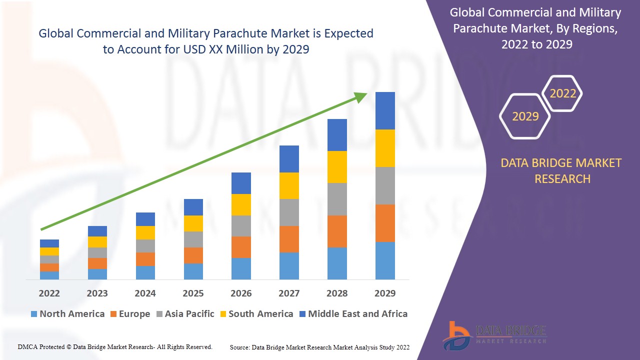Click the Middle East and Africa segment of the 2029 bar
[385, 110]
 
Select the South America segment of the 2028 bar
[337, 167]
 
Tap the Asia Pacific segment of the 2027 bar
[289, 212]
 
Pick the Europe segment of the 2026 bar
[241, 247]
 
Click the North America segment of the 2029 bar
[385, 260]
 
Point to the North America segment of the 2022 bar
[49, 275]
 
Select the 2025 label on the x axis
[193, 293]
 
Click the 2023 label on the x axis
[97, 293]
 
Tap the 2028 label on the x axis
[337, 293]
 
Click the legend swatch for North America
[34, 314]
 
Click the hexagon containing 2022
[563, 93]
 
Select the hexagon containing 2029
[525, 116]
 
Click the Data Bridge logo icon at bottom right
[456, 335]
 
